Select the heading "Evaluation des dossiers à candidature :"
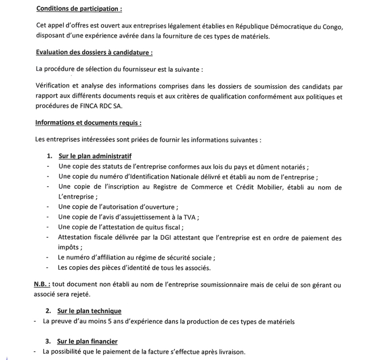tap(94, 52)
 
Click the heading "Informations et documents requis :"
tap(88, 122)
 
